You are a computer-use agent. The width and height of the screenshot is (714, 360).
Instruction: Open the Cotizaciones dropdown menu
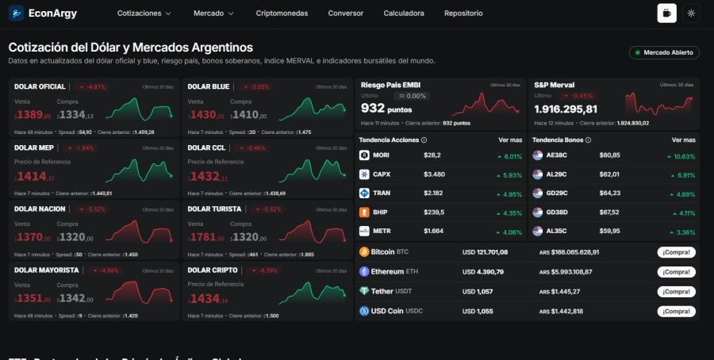point(144,13)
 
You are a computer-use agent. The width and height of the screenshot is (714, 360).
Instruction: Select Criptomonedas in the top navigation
point(282,13)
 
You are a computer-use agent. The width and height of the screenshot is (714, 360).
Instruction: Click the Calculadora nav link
point(403,13)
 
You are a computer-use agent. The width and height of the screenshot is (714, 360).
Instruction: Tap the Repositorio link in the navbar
point(463,13)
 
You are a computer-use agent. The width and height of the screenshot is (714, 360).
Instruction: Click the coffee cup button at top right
point(666,13)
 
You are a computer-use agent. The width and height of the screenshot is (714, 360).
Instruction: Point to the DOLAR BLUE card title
point(209,86)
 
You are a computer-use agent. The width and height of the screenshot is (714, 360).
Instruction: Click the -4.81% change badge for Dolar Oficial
point(93,86)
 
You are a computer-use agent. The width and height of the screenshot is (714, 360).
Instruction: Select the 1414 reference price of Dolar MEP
point(33,177)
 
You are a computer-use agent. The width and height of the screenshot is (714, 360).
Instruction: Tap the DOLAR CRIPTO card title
point(212,270)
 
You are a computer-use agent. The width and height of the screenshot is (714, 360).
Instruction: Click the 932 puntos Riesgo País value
point(386,108)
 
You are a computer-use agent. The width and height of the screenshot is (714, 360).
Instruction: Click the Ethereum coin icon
point(365,271)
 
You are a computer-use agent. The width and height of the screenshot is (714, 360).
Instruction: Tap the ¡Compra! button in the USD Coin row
point(676,312)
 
